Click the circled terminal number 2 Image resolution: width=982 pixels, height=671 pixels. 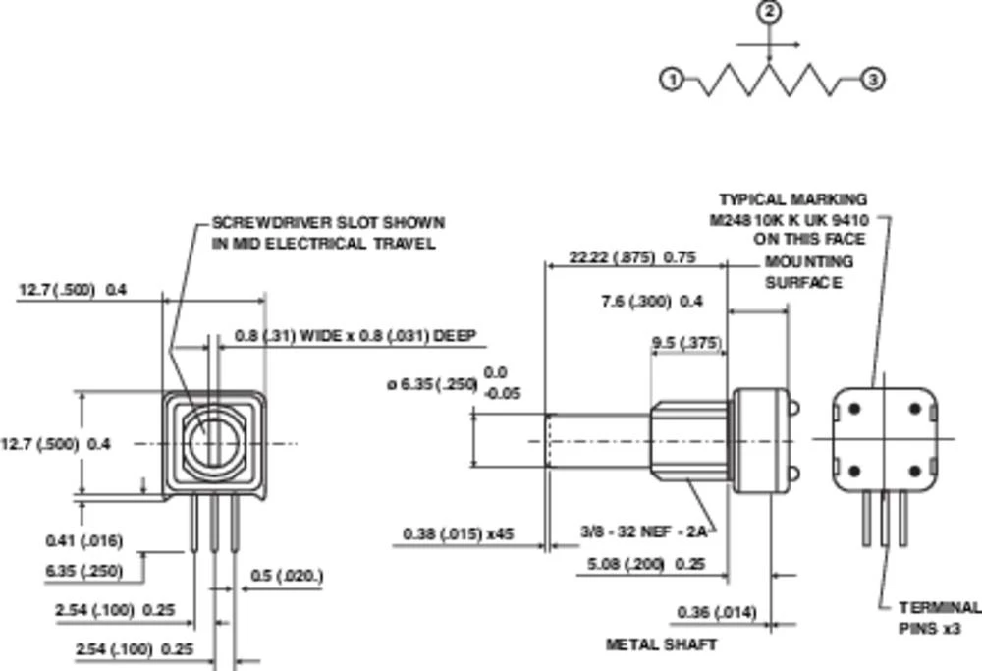[770, 13]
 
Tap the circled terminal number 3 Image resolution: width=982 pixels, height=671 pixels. [872, 81]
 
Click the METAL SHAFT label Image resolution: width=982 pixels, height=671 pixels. [661, 644]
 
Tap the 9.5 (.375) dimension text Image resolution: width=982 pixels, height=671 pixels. [686, 343]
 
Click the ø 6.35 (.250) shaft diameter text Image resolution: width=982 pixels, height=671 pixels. [432, 384]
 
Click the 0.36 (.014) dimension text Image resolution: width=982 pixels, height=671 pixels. [717, 613]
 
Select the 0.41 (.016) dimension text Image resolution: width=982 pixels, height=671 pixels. [83, 540]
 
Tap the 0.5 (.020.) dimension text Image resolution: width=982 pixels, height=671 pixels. [287, 576]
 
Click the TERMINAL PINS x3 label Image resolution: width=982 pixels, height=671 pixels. [938, 618]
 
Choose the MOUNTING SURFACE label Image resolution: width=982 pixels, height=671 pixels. [808, 272]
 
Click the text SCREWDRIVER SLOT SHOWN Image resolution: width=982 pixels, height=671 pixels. [328, 223]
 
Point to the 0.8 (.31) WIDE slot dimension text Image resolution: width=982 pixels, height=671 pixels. [355, 337]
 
